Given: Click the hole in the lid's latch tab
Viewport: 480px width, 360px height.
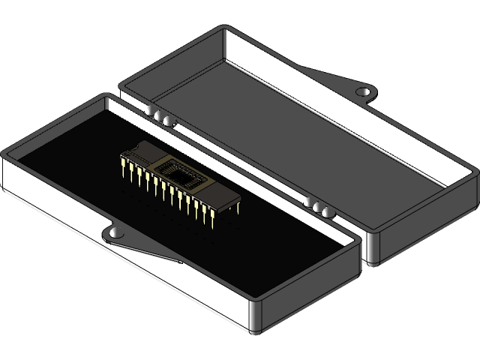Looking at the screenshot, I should pyautogui.click(x=364, y=91).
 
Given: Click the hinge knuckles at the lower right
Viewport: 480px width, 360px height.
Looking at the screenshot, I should pyautogui.click(x=320, y=208).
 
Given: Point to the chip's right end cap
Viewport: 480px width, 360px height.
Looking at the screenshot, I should pyautogui.click(x=229, y=197).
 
